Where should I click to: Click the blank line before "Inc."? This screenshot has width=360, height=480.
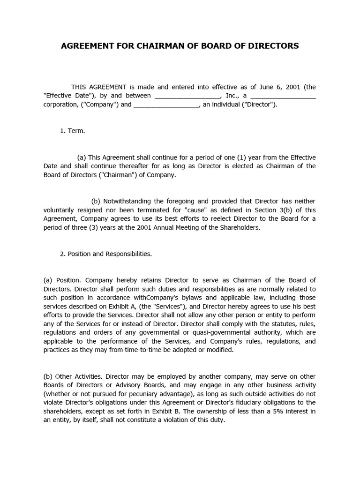187,96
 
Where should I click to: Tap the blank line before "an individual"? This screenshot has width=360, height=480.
167,105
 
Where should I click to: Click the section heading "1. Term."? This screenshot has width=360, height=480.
72,131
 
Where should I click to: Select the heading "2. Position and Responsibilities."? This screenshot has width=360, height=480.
105,254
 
